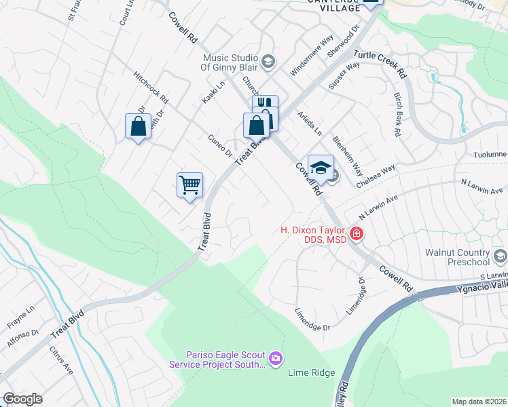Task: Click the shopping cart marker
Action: pos(189,184)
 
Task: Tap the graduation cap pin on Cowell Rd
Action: pos(321,167)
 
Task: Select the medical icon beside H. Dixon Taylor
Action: pos(357,235)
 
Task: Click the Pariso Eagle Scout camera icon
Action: pos(275,358)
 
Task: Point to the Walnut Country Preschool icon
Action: pos(501,256)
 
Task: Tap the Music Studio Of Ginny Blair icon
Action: pos(268,62)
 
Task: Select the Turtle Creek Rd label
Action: pos(384,63)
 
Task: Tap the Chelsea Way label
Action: pos(376,177)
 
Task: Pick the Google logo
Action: pos(22,399)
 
